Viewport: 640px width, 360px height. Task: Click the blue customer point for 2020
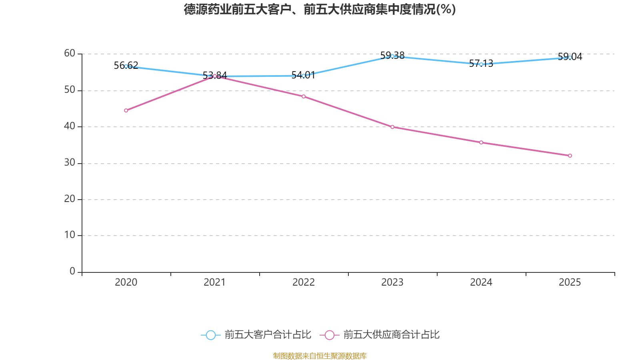(126, 66)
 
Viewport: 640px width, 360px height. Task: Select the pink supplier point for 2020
(126, 110)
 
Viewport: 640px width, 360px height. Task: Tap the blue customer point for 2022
(304, 76)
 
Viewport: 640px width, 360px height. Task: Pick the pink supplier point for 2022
(304, 96)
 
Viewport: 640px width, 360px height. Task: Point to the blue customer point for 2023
(392, 56)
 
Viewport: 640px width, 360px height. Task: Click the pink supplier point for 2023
(392, 127)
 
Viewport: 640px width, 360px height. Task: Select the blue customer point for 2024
(481, 64)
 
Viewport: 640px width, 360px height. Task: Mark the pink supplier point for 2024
(481, 142)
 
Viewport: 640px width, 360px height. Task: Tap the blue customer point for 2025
(570, 58)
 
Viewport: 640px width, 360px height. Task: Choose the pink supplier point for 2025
(570, 156)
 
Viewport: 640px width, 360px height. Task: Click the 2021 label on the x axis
(215, 282)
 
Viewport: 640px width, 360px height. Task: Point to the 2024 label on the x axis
(481, 282)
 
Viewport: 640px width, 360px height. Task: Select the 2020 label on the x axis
(126, 282)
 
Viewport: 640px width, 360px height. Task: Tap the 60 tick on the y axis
(70, 53)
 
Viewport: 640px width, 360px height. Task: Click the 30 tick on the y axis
(70, 162)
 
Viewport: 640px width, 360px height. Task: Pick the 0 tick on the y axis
(72, 271)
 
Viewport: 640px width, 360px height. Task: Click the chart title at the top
(320, 9)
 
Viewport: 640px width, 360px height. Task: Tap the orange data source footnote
(320, 356)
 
